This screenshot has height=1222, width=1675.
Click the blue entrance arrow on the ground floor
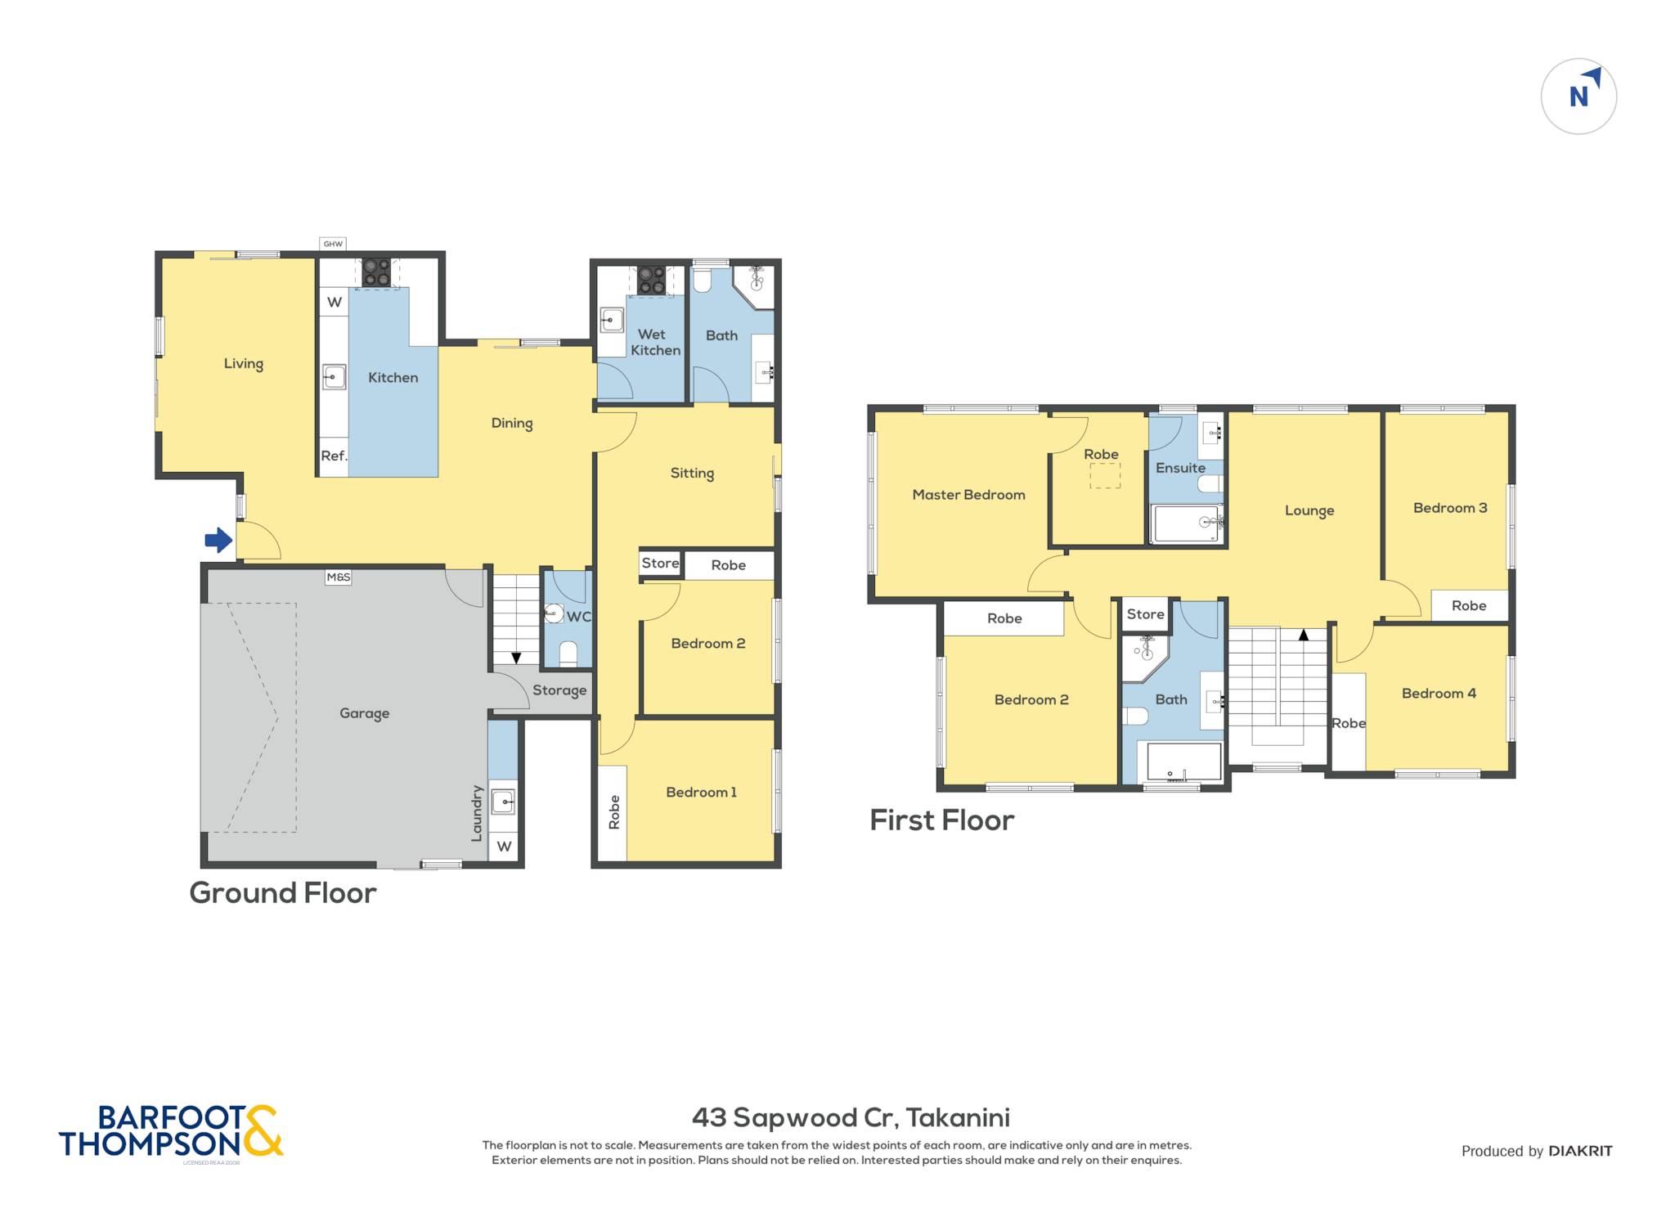tap(218, 540)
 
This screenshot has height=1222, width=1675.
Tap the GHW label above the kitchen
tap(333, 244)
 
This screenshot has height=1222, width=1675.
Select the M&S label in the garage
tap(339, 577)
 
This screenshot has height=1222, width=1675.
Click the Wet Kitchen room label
tap(655, 342)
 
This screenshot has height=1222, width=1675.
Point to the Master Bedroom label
tap(968, 495)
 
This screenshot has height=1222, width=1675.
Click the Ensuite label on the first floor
tap(1180, 468)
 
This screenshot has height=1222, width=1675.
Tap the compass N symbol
tap(1578, 97)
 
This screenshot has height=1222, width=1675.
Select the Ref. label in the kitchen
tap(334, 456)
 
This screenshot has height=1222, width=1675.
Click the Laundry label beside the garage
tap(477, 813)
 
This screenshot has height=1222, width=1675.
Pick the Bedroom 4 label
tap(1439, 694)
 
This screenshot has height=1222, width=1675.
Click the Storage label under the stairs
tap(559, 690)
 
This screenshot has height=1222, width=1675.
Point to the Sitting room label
tap(692, 474)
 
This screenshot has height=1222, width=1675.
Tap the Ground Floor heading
tap(283, 892)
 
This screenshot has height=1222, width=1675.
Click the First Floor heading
tap(941, 820)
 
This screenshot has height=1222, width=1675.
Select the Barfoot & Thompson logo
tap(171, 1132)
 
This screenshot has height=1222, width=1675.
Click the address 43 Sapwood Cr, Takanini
tap(851, 1117)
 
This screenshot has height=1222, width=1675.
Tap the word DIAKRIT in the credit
tap(1580, 1151)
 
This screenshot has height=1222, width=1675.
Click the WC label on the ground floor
tap(578, 617)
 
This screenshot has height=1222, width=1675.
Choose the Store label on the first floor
tap(1145, 614)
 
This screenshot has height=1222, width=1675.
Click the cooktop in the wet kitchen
tap(652, 280)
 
